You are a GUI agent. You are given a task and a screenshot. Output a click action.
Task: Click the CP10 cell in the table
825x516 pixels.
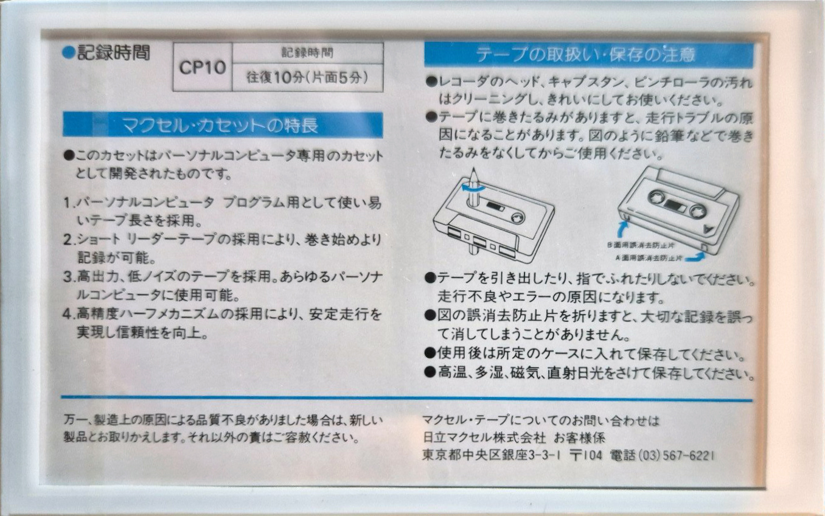click(202, 67)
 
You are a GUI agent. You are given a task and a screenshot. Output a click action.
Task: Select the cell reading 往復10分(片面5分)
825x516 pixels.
click(307, 78)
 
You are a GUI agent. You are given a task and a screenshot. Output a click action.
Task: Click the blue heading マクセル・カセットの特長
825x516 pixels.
click(223, 126)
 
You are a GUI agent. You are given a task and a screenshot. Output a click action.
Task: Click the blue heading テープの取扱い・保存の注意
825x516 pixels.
click(588, 55)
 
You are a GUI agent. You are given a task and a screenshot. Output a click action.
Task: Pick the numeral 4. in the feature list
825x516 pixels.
click(68, 315)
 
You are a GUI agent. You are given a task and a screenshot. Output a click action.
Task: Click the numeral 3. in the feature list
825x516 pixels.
click(68, 277)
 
